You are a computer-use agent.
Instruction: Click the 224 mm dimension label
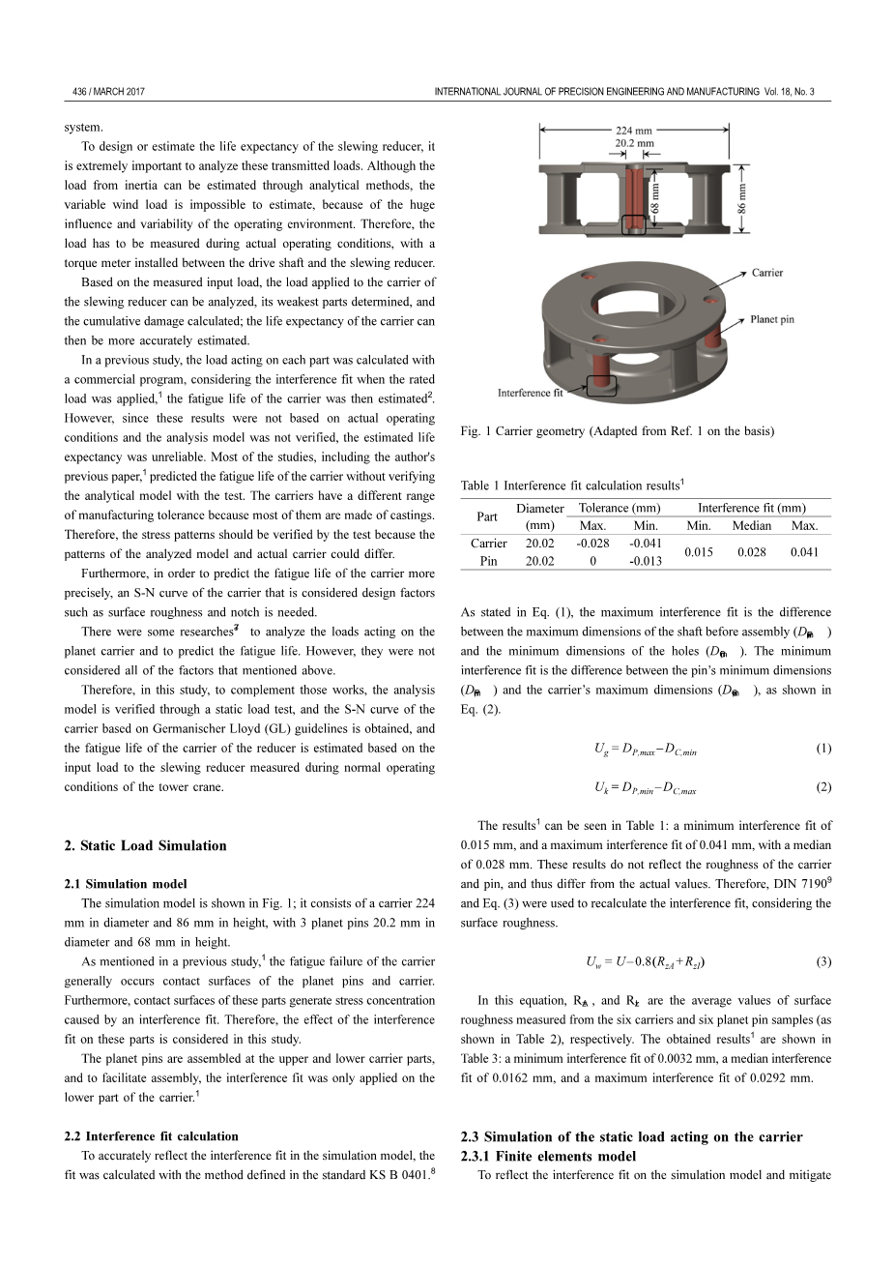[634, 130]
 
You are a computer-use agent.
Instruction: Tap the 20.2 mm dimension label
[634, 142]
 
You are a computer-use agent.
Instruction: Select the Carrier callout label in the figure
[767, 273]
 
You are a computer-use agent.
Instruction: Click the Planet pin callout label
[773, 319]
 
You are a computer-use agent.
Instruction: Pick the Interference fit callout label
[530, 393]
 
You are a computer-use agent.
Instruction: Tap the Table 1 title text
[572, 486]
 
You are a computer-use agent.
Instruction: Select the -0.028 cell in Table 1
[592, 544]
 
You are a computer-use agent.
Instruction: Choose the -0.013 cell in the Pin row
[646, 561]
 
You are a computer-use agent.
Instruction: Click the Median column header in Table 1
[751, 526]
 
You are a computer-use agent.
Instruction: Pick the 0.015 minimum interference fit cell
[698, 552]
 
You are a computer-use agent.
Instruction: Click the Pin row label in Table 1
[488, 561]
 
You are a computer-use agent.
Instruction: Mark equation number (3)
[822, 961]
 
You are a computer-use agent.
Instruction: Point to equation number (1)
[822, 749]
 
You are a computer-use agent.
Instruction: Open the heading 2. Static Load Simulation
[146, 845]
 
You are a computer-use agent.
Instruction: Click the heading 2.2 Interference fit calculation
[152, 1136]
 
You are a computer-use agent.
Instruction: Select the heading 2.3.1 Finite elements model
[549, 1156]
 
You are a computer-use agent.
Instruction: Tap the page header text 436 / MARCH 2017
[109, 92]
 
